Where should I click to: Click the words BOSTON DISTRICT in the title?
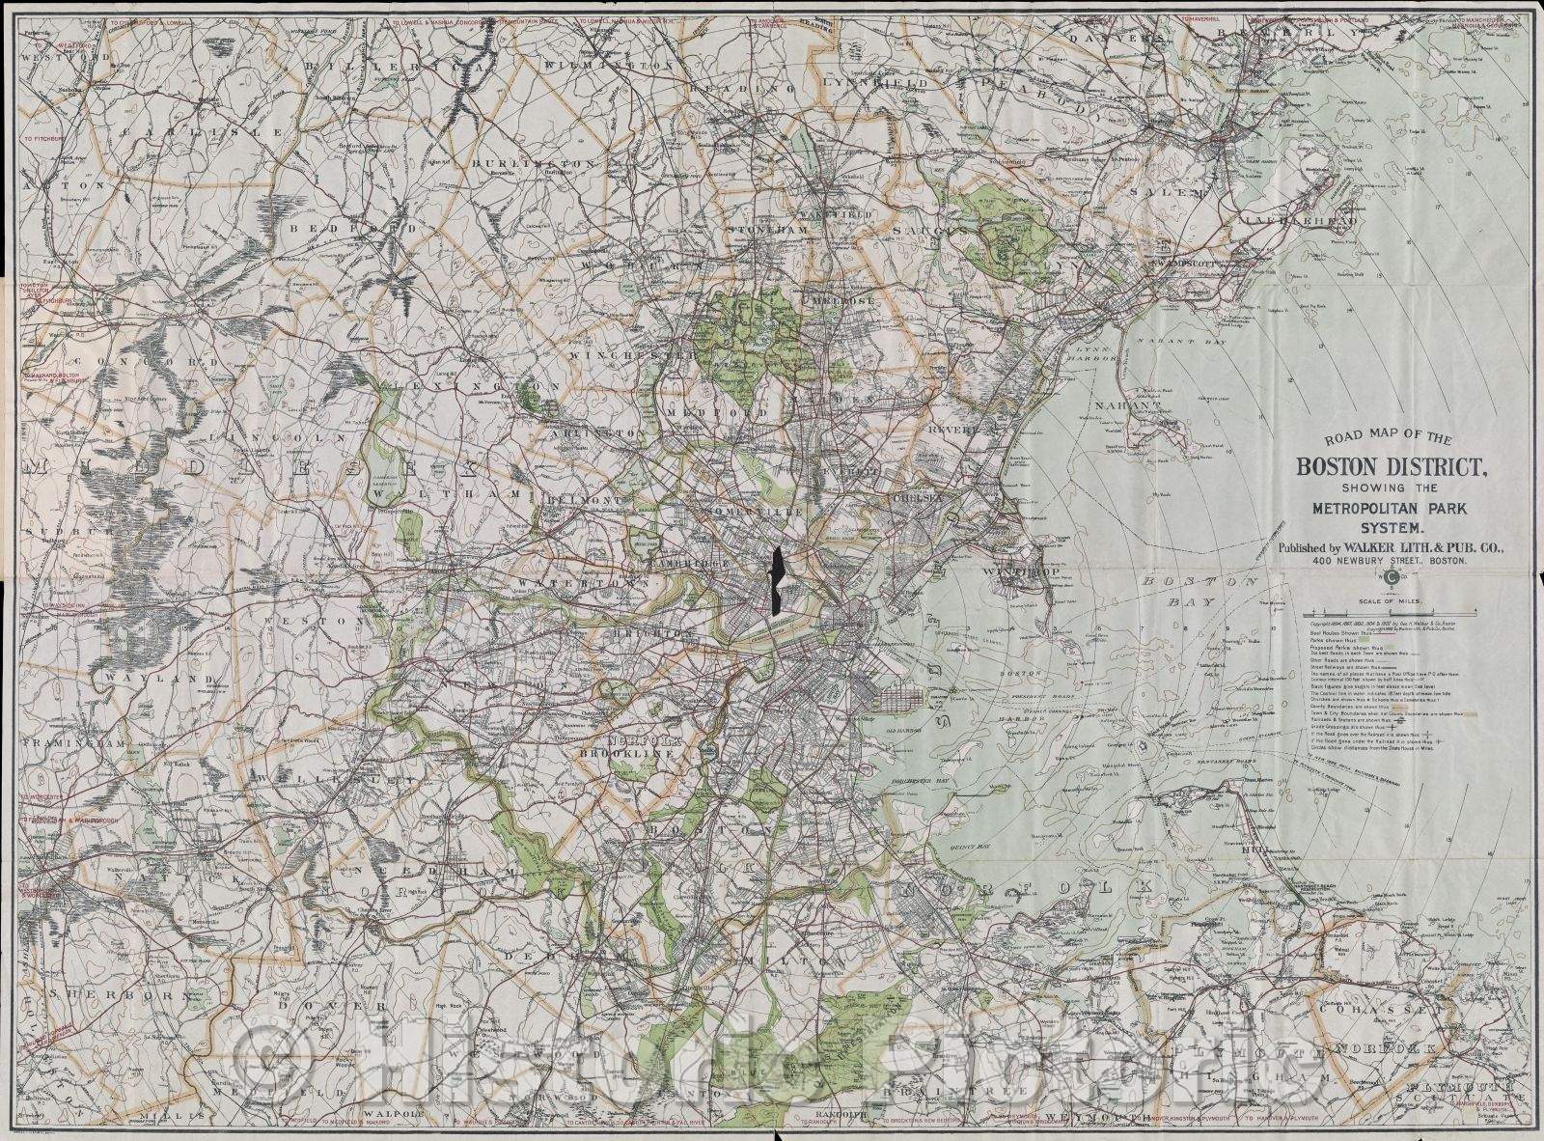pyautogui.click(x=1389, y=467)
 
